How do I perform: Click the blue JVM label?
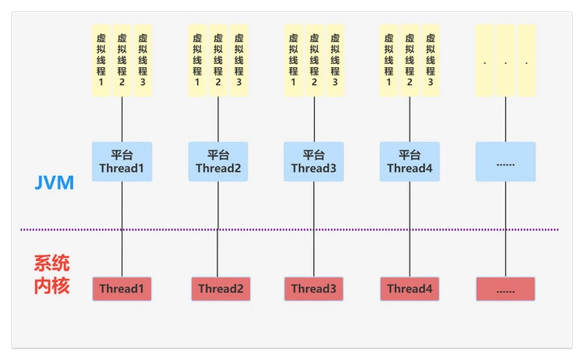(x=54, y=182)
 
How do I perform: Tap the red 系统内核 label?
(x=52, y=274)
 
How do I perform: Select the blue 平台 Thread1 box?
(x=122, y=161)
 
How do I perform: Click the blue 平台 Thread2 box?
(x=218, y=161)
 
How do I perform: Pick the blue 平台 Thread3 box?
(x=314, y=161)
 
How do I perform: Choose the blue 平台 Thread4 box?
(x=410, y=161)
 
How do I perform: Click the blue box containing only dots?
(x=505, y=161)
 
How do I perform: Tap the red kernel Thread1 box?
(x=122, y=289)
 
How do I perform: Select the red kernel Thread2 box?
(x=221, y=289)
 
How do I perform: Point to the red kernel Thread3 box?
(x=314, y=289)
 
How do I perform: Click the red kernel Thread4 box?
(x=410, y=289)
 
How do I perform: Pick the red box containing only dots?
(x=505, y=289)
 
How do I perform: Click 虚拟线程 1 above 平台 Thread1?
(x=101, y=60)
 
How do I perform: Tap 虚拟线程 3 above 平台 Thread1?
(x=143, y=60)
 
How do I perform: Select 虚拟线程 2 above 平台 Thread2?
(x=218, y=60)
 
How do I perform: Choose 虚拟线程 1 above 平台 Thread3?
(x=293, y=60)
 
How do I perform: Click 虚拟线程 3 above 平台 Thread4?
(x=431, y=60)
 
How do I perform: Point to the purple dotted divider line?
(x=290, y=229)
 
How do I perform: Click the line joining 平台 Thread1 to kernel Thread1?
(x=122, y=229)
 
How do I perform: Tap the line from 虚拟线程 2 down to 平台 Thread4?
(x=410, y=119)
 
